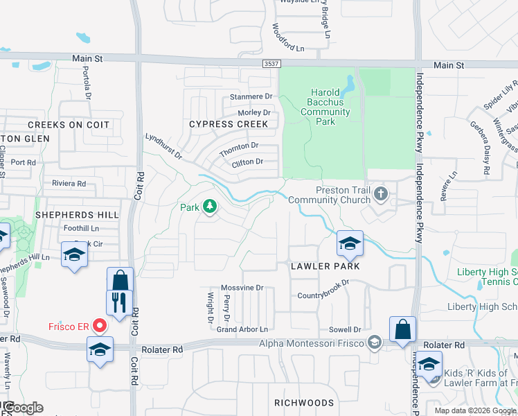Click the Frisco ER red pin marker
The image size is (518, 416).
[100, 325]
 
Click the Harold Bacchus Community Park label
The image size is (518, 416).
[321, 107]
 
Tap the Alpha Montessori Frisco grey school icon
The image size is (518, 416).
[375, 343]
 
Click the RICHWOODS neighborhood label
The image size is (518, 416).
[303, 402]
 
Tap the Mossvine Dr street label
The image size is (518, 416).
[242, 288]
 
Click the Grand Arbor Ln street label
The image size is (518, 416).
[242, 330]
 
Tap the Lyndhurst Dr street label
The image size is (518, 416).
[164, 147]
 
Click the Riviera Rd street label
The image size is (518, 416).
[69, 184]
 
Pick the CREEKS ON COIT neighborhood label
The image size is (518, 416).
[69, 125]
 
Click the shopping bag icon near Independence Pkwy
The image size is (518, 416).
[402, 330]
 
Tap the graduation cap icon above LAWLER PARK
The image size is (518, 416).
[350, 243]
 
